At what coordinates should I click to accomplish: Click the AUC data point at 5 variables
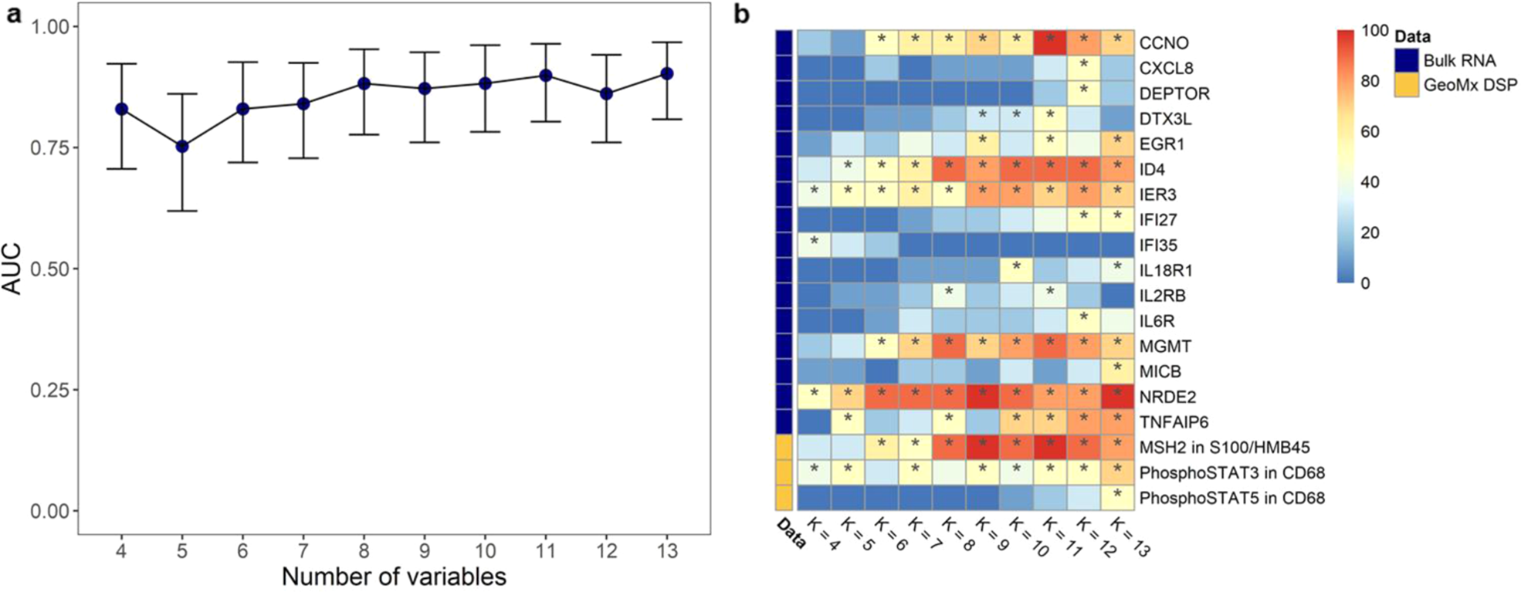point(182,146)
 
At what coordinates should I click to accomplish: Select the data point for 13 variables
point(667,73)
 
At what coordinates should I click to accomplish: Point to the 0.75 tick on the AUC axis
point(50,147)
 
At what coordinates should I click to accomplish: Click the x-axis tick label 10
point(485,550)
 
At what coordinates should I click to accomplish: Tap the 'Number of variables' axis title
point(394,577)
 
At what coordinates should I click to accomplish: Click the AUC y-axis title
point(13,269)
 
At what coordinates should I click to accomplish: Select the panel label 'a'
point(13,15)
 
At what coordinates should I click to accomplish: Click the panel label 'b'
point(741,15)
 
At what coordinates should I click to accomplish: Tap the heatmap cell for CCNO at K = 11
point(1050,42)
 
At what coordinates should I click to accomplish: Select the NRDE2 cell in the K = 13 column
point(1117,397)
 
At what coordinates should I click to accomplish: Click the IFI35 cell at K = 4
point(814,245)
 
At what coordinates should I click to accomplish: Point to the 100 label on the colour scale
point(1375,32)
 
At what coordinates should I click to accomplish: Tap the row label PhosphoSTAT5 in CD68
point(1231,498)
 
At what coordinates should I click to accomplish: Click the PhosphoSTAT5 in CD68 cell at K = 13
point(1117,497)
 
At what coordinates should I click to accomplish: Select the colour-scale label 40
point(1370,182)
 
